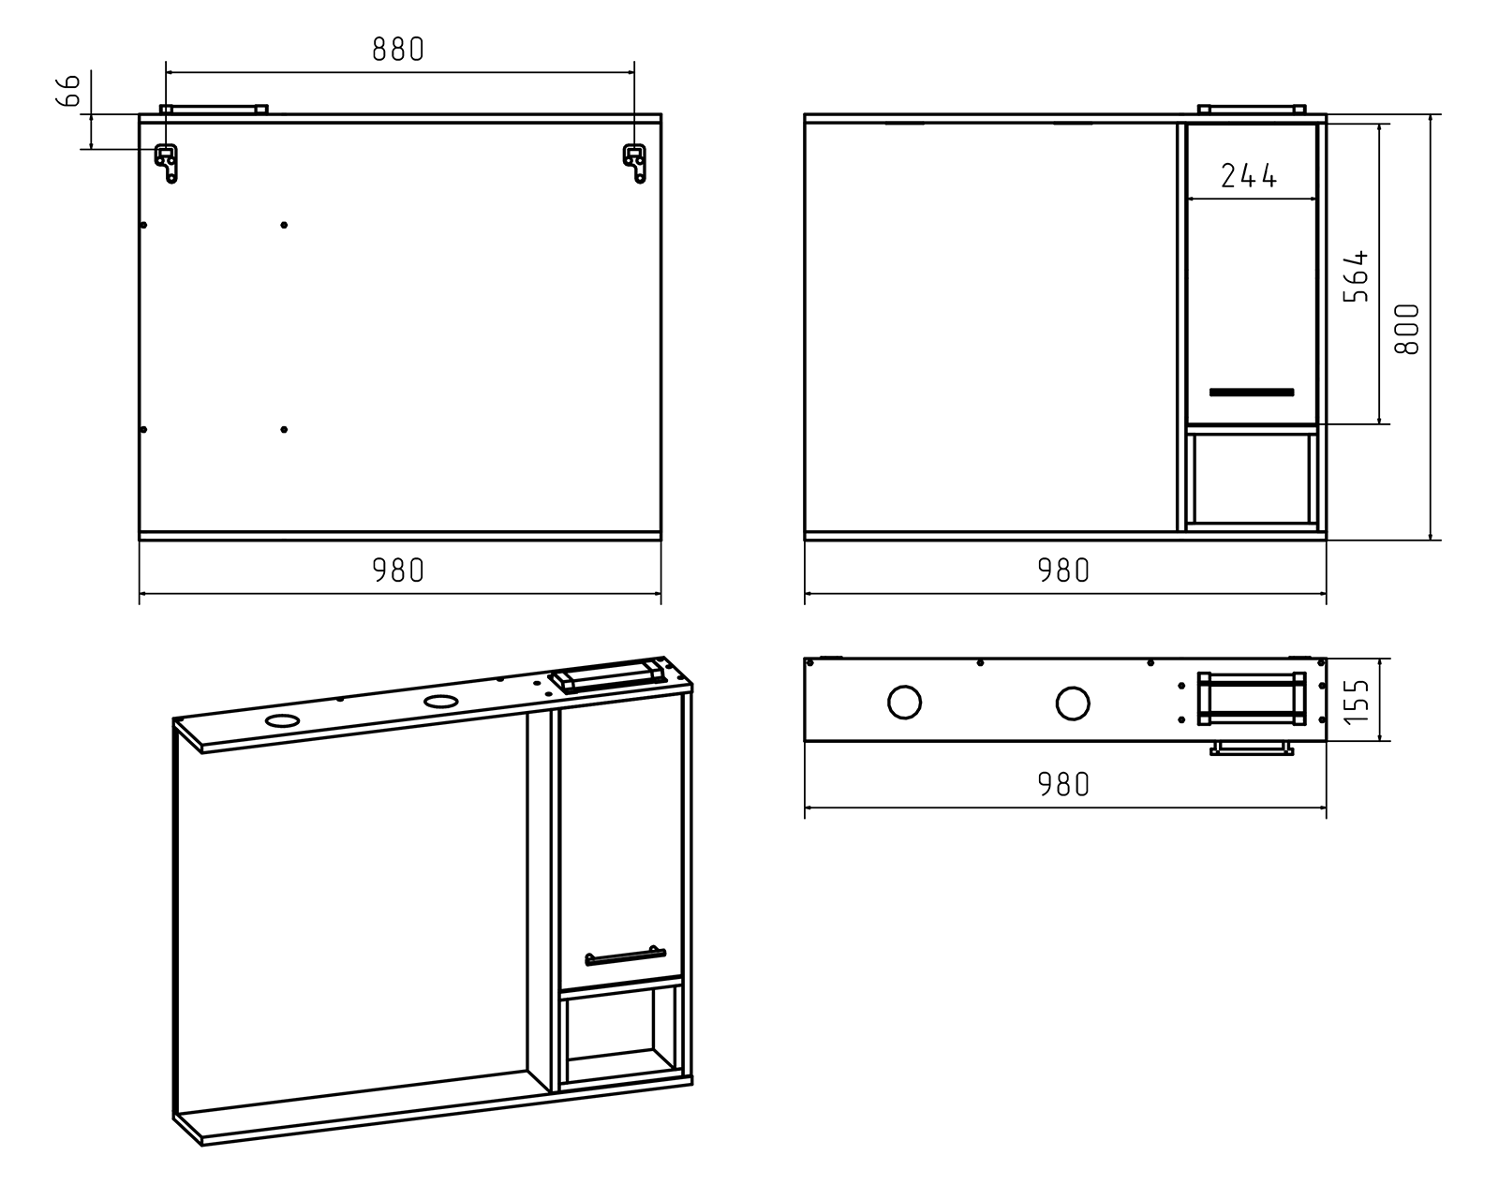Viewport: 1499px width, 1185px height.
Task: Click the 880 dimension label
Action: [x=398, y=50]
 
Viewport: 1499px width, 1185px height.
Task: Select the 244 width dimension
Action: [x=1249, y=175]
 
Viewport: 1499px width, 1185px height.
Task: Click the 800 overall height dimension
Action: [x=1408, y=329]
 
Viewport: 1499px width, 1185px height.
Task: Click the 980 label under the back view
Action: [x=398, y=570]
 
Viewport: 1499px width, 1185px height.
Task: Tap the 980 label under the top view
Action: [x=1064, y=784]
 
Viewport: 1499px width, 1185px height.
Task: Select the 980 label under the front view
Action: [x=1064, y=570]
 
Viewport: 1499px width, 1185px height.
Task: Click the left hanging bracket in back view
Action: [x=167, y=162]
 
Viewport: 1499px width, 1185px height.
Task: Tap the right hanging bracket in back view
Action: [x=635, y=162]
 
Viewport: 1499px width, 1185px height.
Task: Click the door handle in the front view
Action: [x=1252, y=392]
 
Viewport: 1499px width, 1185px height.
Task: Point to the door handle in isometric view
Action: [x=625, y=956]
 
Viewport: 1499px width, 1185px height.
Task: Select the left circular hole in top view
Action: [x=904, y=702]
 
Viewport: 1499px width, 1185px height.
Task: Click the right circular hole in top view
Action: [x=1073, y=702]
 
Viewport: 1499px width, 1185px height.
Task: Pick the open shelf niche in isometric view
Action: [x=619, y=1037]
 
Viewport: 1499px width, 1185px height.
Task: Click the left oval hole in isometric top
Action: [x=282, y=720]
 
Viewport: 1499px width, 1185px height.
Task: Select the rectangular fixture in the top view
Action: [x=1252, y=699]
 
